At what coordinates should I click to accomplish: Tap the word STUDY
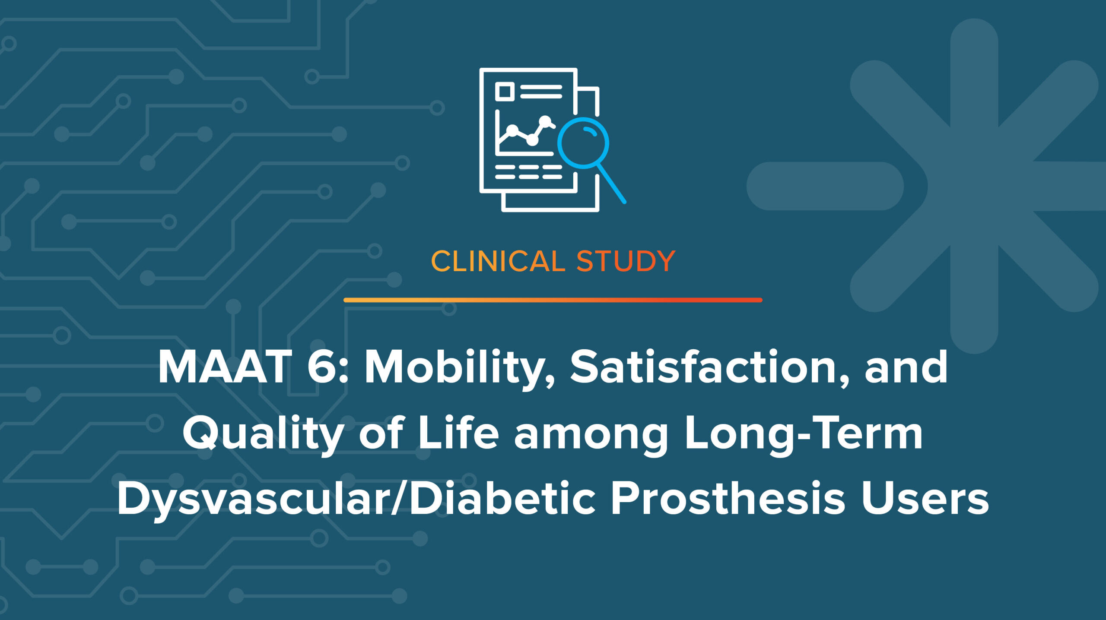(x=626, y=261)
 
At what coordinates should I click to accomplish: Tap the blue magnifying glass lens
(x=583, y=143)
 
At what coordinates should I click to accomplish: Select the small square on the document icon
(x=504, y=92)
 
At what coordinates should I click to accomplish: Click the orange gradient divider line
(x=553, y=300)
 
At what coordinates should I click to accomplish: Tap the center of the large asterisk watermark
(x=974, y=186)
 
